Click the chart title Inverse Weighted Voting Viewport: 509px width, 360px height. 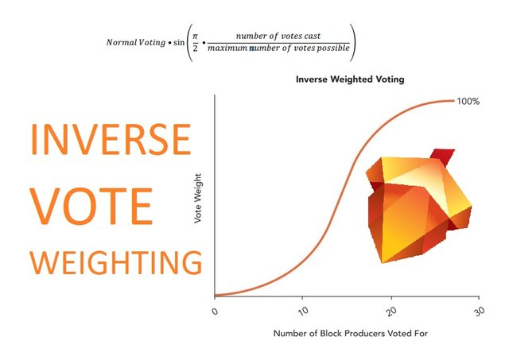(x=350, y=79)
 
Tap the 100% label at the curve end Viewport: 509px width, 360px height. (x=468, y=102)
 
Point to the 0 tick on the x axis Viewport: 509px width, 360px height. (x=215, y=312)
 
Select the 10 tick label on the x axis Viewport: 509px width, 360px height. (x=303, y=311)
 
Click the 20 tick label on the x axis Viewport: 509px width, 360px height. (x=392, y=311)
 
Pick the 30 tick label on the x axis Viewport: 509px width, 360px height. (x=479, y=311)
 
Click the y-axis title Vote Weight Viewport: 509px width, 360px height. (x=198, y=198)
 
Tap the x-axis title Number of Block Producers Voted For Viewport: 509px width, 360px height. (x=351, y=334)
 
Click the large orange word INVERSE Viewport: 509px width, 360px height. (x=111, y=139)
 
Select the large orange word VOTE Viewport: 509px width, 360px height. (x=91, y=206)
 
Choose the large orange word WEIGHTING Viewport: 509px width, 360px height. (x=116, y=262)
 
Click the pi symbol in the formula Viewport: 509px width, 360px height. (x=195, y=36)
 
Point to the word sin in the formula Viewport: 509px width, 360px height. (x=179, y=42)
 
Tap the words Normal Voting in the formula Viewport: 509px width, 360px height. (x=136, y=42)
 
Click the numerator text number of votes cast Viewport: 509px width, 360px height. (x=278, y=36)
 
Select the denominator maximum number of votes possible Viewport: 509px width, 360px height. (x=278, y=48)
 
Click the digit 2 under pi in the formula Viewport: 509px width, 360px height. (x=195, y=48)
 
